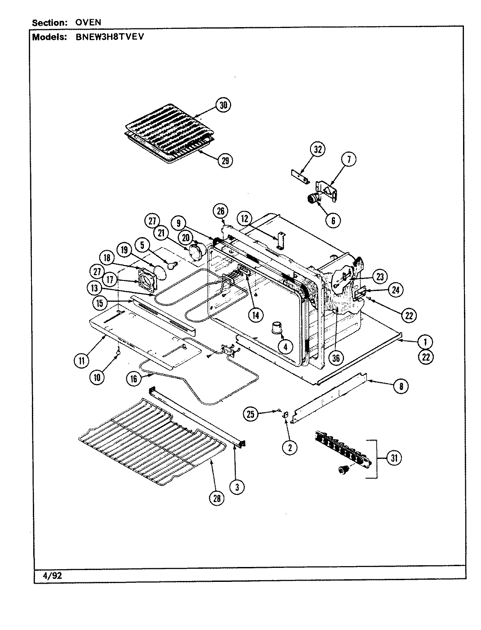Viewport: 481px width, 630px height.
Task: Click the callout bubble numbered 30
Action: pyautogui.click(x=223, y=105)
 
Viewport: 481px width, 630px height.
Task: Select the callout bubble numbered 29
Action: pyautogui.click(x=225, y=161)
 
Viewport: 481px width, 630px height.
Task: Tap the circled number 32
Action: pyautogui.click(x=318, y=150)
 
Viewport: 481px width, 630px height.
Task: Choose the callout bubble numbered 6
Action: pyautogui.click(x=333, y=221)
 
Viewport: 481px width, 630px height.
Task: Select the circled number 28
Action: pyautogui.click(x=217, y=498)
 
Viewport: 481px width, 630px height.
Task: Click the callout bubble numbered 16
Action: pyautogui.click(x=134, y=379)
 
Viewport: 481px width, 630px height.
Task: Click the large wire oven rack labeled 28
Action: pyautogui.click(x=149, y=442)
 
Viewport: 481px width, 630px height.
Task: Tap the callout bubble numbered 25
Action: pyautogui.click(x=251, y=414)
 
